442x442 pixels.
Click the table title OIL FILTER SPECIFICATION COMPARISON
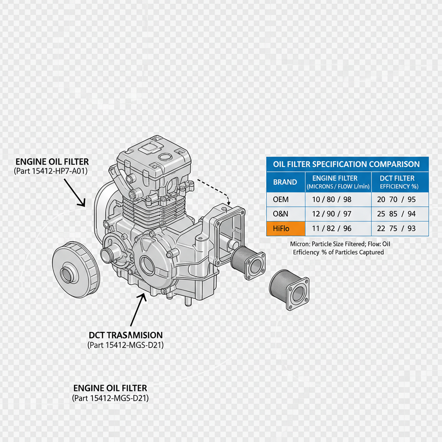[346, 164]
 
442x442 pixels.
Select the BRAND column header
[285, 182]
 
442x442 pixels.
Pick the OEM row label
[281, 200]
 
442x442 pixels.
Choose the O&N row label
[281, 214]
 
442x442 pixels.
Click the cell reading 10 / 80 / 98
[338, 200]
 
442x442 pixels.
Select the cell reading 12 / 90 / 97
[338, 214]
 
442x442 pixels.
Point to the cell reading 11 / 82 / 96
[338, 228]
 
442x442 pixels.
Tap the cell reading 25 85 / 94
[397, 214]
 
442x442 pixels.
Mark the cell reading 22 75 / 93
[397, 228]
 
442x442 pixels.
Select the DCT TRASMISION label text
[126, 335]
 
